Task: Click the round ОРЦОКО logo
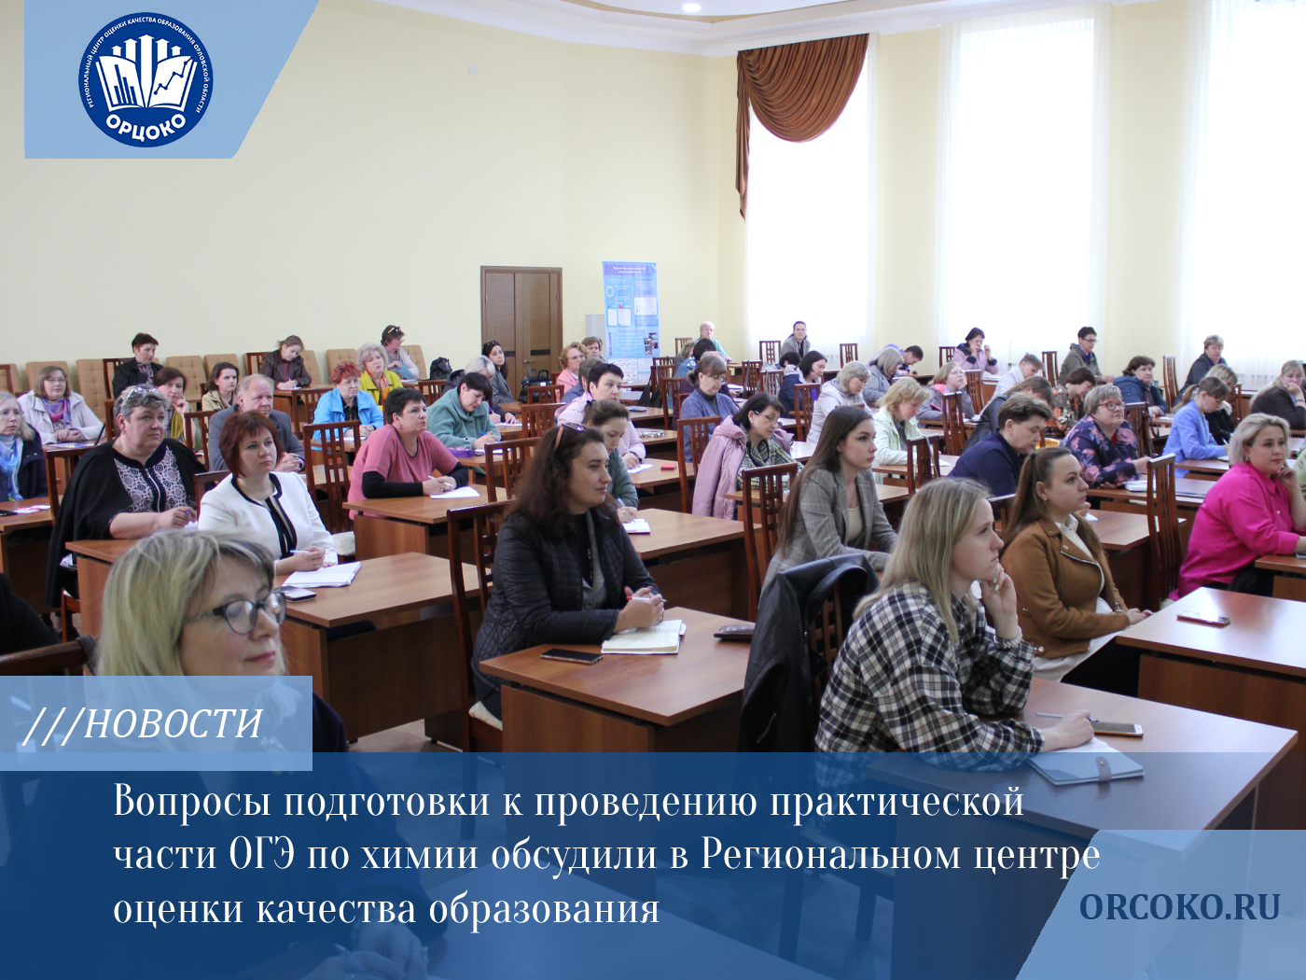tap(146, 80)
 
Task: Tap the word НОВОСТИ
tap(174, 724)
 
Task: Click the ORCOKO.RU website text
tap(1180, 907)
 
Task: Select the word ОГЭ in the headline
tap(262, 854)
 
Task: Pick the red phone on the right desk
tap(1202, 618)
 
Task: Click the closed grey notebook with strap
tap(1087, 766)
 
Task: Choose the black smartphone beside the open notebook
tap(571, 656)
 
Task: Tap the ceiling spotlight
tap(690, 7)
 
